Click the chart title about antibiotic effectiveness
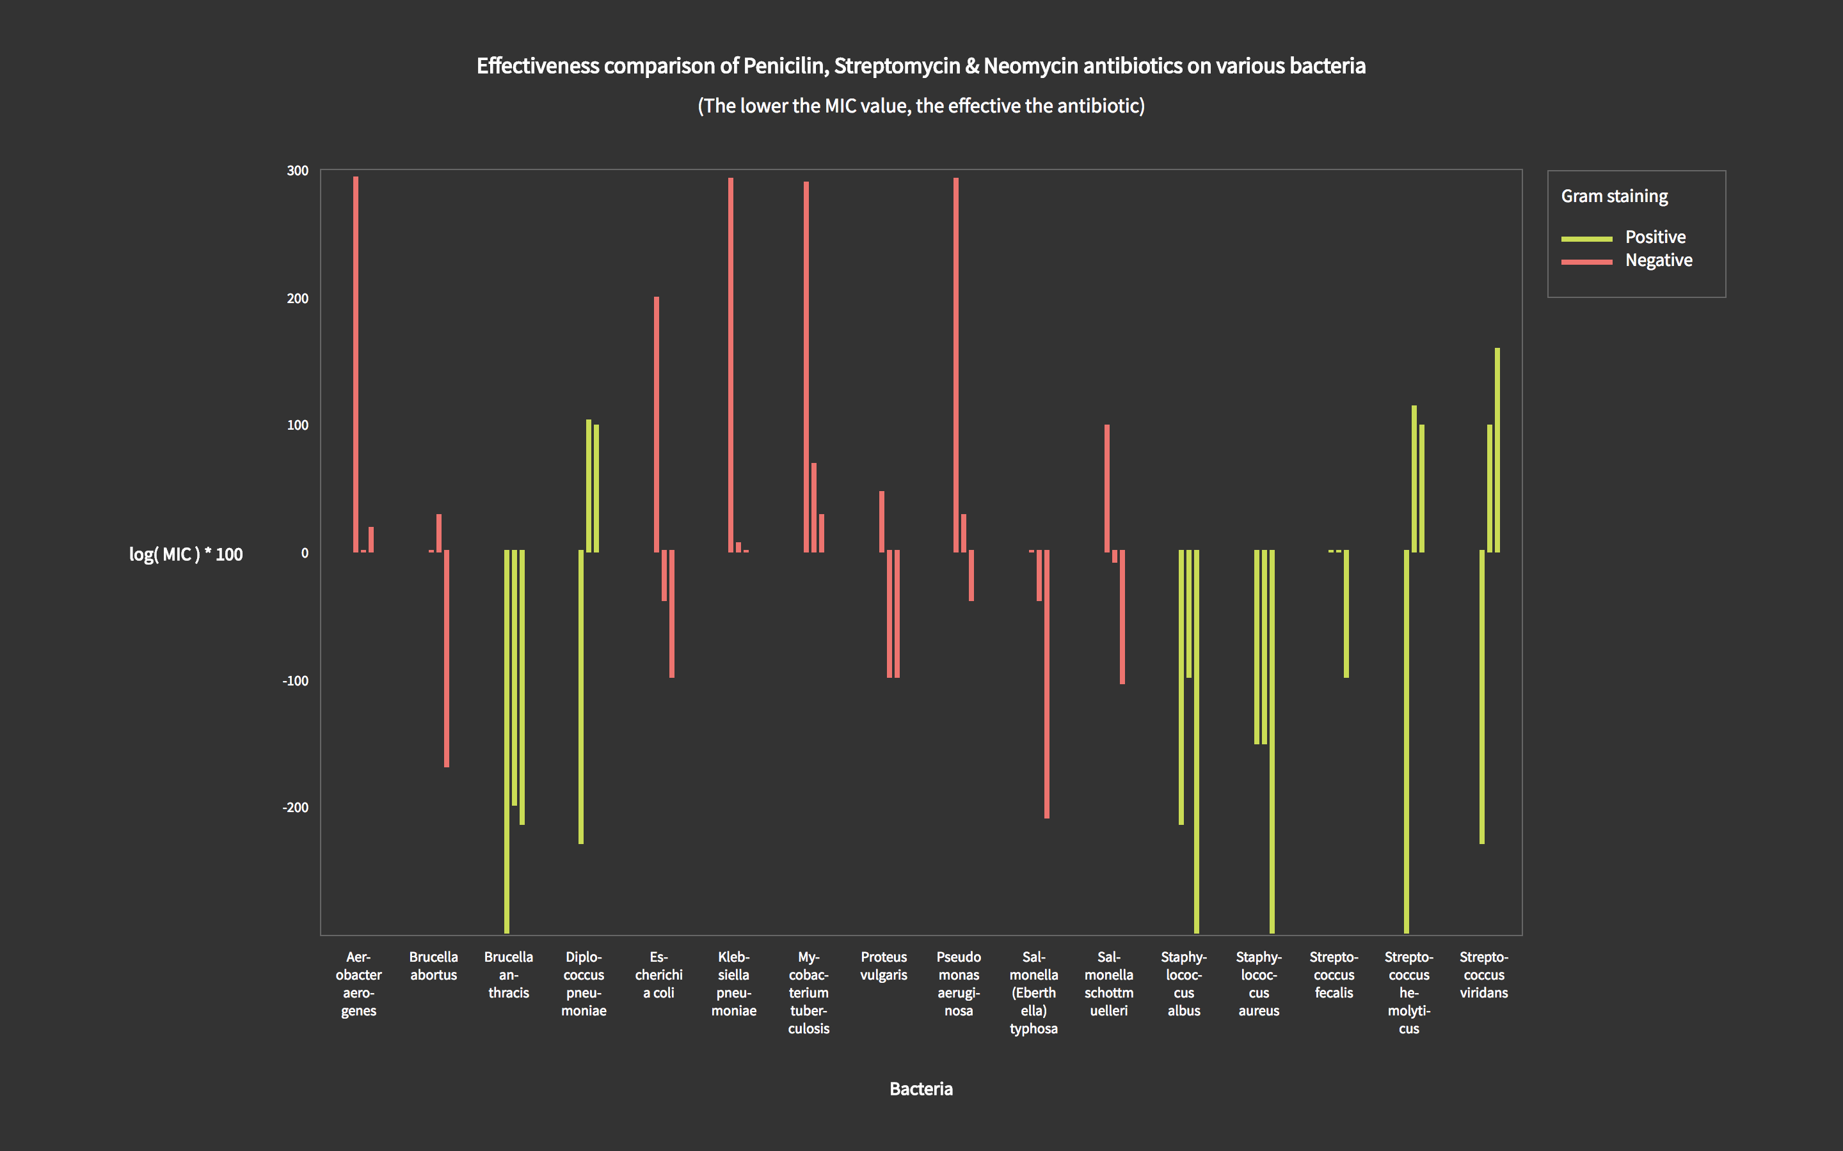pyautogui.click(x=921, y=67)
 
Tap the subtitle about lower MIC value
pyautogui.click(x=921, y=106)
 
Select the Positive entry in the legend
pyautogui.click(x=1654, y=237)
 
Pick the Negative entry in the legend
pyautogui.click(x=1658, y=260)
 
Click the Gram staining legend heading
pyautogui.click(x=1614, y=196)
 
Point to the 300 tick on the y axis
pyautogui.click(x=298, y=171)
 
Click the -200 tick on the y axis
pyautogui.click(x=296, y=808)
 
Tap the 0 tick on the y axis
pyautogui.click(x=305, y=553)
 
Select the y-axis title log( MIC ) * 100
pyautogui.click(x=186, y=554)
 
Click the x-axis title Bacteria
pyautogui.click(x=921, y=1088)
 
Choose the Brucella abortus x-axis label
pyautogui.click(x=433, y=966)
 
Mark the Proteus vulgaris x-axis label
pyautogui.click(x=883, y=966)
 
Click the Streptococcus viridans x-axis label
pyautogui.click(x=1483, y=975)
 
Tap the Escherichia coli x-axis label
pyautogui.click(x=658, y=975)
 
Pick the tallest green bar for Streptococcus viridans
pyautogui.click(x=1497, y=449)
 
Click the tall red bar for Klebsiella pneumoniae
pyautogui.click(x=731, y=364)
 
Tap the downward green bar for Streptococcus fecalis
pyautogui.click(x=1346, y=614)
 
